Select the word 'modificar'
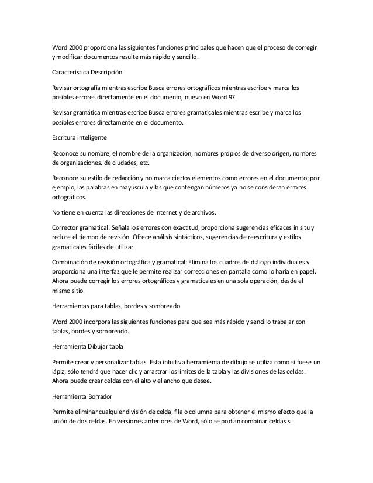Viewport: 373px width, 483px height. click(71, 58)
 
